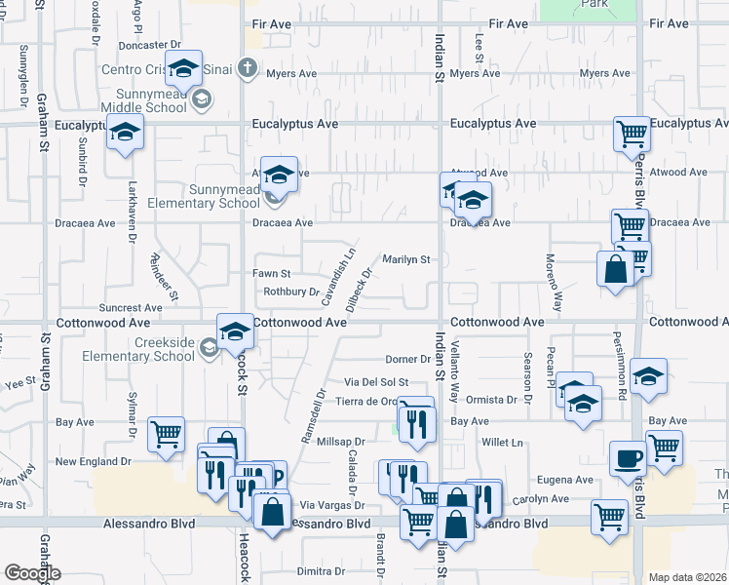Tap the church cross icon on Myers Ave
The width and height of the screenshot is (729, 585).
coord(249,69)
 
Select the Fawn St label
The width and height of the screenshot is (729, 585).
coord(272,274)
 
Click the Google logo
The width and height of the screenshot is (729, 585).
coord(32,573)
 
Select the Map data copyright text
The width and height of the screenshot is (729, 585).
coord(687,576)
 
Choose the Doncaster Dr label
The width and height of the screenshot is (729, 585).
coord(150,45)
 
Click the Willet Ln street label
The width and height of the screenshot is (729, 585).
coord(503,442)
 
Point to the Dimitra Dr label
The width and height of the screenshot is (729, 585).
coord(324,571)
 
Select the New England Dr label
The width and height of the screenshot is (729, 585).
coord(93,461)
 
